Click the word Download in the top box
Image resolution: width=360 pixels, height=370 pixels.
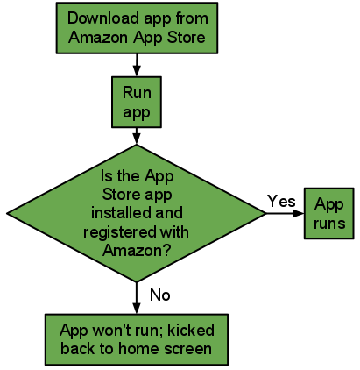click(x=103, y=18)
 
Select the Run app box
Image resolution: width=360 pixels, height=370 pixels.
click(x=137, y=102)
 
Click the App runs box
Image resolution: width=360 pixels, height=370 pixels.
click(x=329, y=213)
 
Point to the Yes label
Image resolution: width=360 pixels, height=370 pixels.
click(x=281, y=202)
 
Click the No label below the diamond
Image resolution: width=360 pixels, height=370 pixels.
click(x=160, y=295)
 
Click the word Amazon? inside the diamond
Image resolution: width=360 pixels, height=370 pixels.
click(x=137, y=250)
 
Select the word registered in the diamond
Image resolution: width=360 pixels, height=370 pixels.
click(x=120, y=232)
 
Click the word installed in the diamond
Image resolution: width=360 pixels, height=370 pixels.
click(x=120, y=212)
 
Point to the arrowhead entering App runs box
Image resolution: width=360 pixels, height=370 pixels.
click(x=299, y=213)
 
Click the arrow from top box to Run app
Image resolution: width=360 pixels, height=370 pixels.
click(x=137, y=65)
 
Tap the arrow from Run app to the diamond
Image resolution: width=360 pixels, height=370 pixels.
click(x=137, y=136)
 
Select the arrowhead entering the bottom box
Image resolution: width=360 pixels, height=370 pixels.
click(x=137, y=309)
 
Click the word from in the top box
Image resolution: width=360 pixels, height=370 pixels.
click(x=192, y=18)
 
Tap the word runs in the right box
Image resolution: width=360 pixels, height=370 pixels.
click(x=329, y=224)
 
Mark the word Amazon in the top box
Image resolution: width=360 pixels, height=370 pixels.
click(x=98, y=38)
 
